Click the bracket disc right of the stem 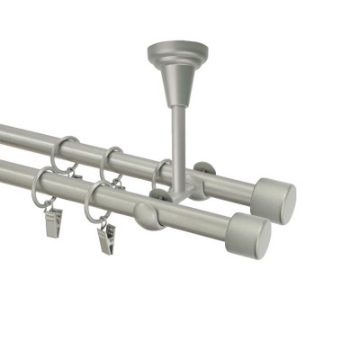coord(206,171)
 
